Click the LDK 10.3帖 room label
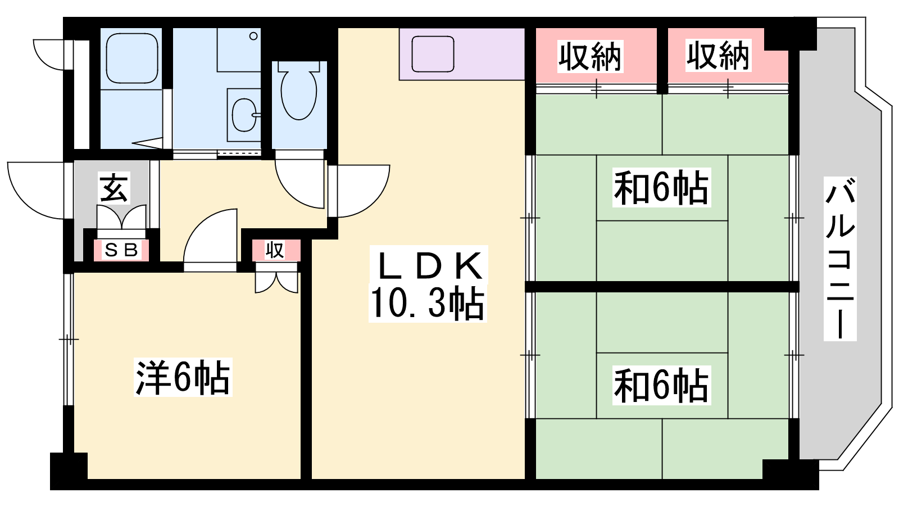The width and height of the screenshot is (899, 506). pyautogui.click(x=428, y=284)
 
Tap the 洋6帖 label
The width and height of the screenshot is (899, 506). pyautogui.click(x=183, y=377)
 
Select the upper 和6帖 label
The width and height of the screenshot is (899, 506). pyautogui.click(x=661, y=188)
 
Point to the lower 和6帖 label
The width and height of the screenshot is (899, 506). pyautogui.click(x=661, y=386)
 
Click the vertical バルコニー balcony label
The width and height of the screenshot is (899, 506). pyautogui.click(x=840, y=259)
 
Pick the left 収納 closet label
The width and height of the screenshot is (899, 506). pyautogui.click(x=590, y=57)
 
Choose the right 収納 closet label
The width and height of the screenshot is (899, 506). pyautogui.click(x=718, y=56)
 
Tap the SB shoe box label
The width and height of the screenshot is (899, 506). pyautogui.click(x=121, y=250)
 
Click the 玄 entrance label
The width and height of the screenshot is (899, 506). pyautogui.click(x=114, y=188)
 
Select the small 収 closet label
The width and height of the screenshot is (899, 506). pyautogui.click(x=275, y=250)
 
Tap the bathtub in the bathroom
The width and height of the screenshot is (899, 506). pyautogui.click(x=131, y=58)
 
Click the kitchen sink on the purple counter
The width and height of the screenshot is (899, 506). pyautogui.click(x=433, y=54)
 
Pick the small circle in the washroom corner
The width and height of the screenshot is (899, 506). pyautogui.click(x=253, y=36)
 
